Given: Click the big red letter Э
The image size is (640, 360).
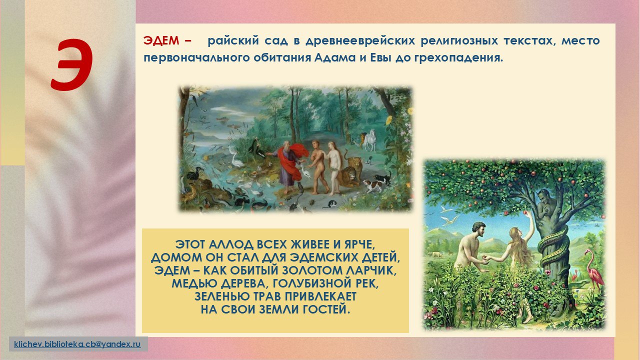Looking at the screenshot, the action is click(x=72, y=65).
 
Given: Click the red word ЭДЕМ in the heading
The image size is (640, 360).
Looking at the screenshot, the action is click(x=161, y=41).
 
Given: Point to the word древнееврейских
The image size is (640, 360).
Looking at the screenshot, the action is click(x=360, y=41).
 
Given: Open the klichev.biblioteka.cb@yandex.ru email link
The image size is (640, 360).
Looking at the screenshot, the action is click(x=77, y=344).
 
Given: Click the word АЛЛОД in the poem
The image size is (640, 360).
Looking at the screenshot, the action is click(x=231, y=245).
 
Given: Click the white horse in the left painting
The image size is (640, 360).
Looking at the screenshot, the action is click(x=369, y=140).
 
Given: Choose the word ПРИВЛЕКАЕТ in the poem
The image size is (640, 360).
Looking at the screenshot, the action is click(x=320, y=296).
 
